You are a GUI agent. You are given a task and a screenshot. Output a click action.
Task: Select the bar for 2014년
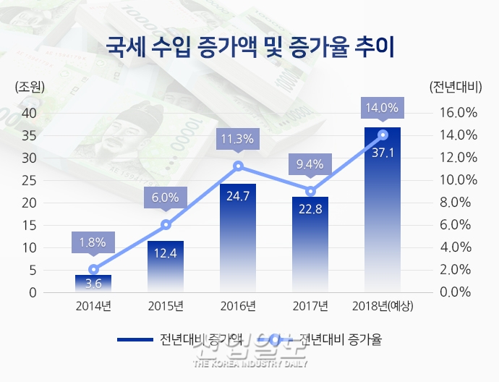93,284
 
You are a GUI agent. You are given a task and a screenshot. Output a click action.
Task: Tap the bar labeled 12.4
166,266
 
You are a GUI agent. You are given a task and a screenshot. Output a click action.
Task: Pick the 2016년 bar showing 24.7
238,239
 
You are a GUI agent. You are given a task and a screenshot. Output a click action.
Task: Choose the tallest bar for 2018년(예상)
383,210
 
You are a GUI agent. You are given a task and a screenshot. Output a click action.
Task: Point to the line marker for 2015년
166,224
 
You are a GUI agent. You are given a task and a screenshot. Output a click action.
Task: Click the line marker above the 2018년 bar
383,135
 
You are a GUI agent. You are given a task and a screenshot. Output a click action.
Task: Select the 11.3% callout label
238,140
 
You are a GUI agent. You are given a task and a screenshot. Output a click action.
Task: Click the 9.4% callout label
310,164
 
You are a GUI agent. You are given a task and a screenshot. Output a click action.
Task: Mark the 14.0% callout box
383,108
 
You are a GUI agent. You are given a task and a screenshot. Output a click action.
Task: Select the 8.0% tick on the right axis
460,203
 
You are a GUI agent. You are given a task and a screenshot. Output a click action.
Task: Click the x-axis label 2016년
238,305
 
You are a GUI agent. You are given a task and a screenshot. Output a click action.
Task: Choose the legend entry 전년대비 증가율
340,338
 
